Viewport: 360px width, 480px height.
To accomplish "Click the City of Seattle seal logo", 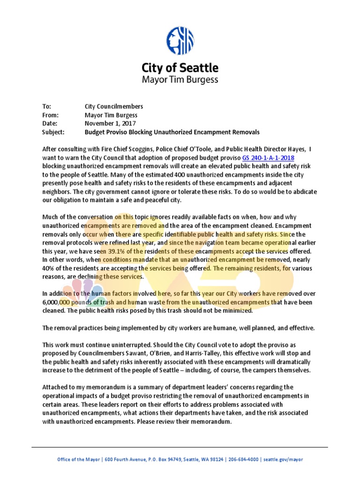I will (x=180, y=41).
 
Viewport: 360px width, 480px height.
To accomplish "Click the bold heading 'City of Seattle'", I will (x=180, y=68).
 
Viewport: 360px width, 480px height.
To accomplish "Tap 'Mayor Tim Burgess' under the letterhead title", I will (x=180, y=79).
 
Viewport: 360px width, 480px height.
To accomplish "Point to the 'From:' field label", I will (x=50, y=115).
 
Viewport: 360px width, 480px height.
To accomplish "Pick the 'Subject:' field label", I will (x=53, y=132).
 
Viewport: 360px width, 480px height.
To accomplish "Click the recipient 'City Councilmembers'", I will (x=114, y=106).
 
